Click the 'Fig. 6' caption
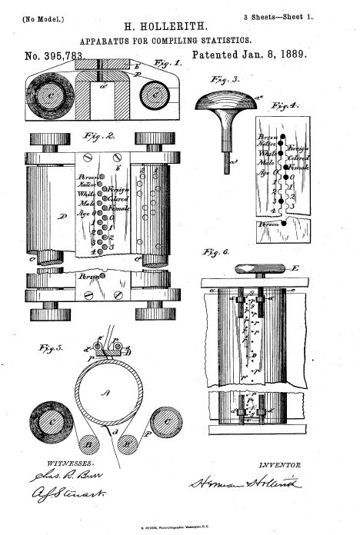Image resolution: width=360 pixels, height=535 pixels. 212,251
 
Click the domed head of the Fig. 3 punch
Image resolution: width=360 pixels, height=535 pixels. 228,100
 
